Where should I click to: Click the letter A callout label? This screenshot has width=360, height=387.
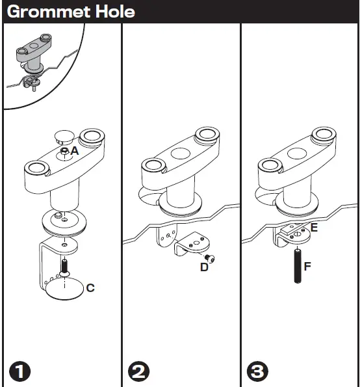point(75,150)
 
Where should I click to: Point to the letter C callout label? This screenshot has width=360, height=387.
point(90,287)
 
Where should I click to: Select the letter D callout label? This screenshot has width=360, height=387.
point(204,267)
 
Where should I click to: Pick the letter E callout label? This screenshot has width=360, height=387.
point(314,228)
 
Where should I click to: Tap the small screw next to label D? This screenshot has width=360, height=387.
point(211,258)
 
